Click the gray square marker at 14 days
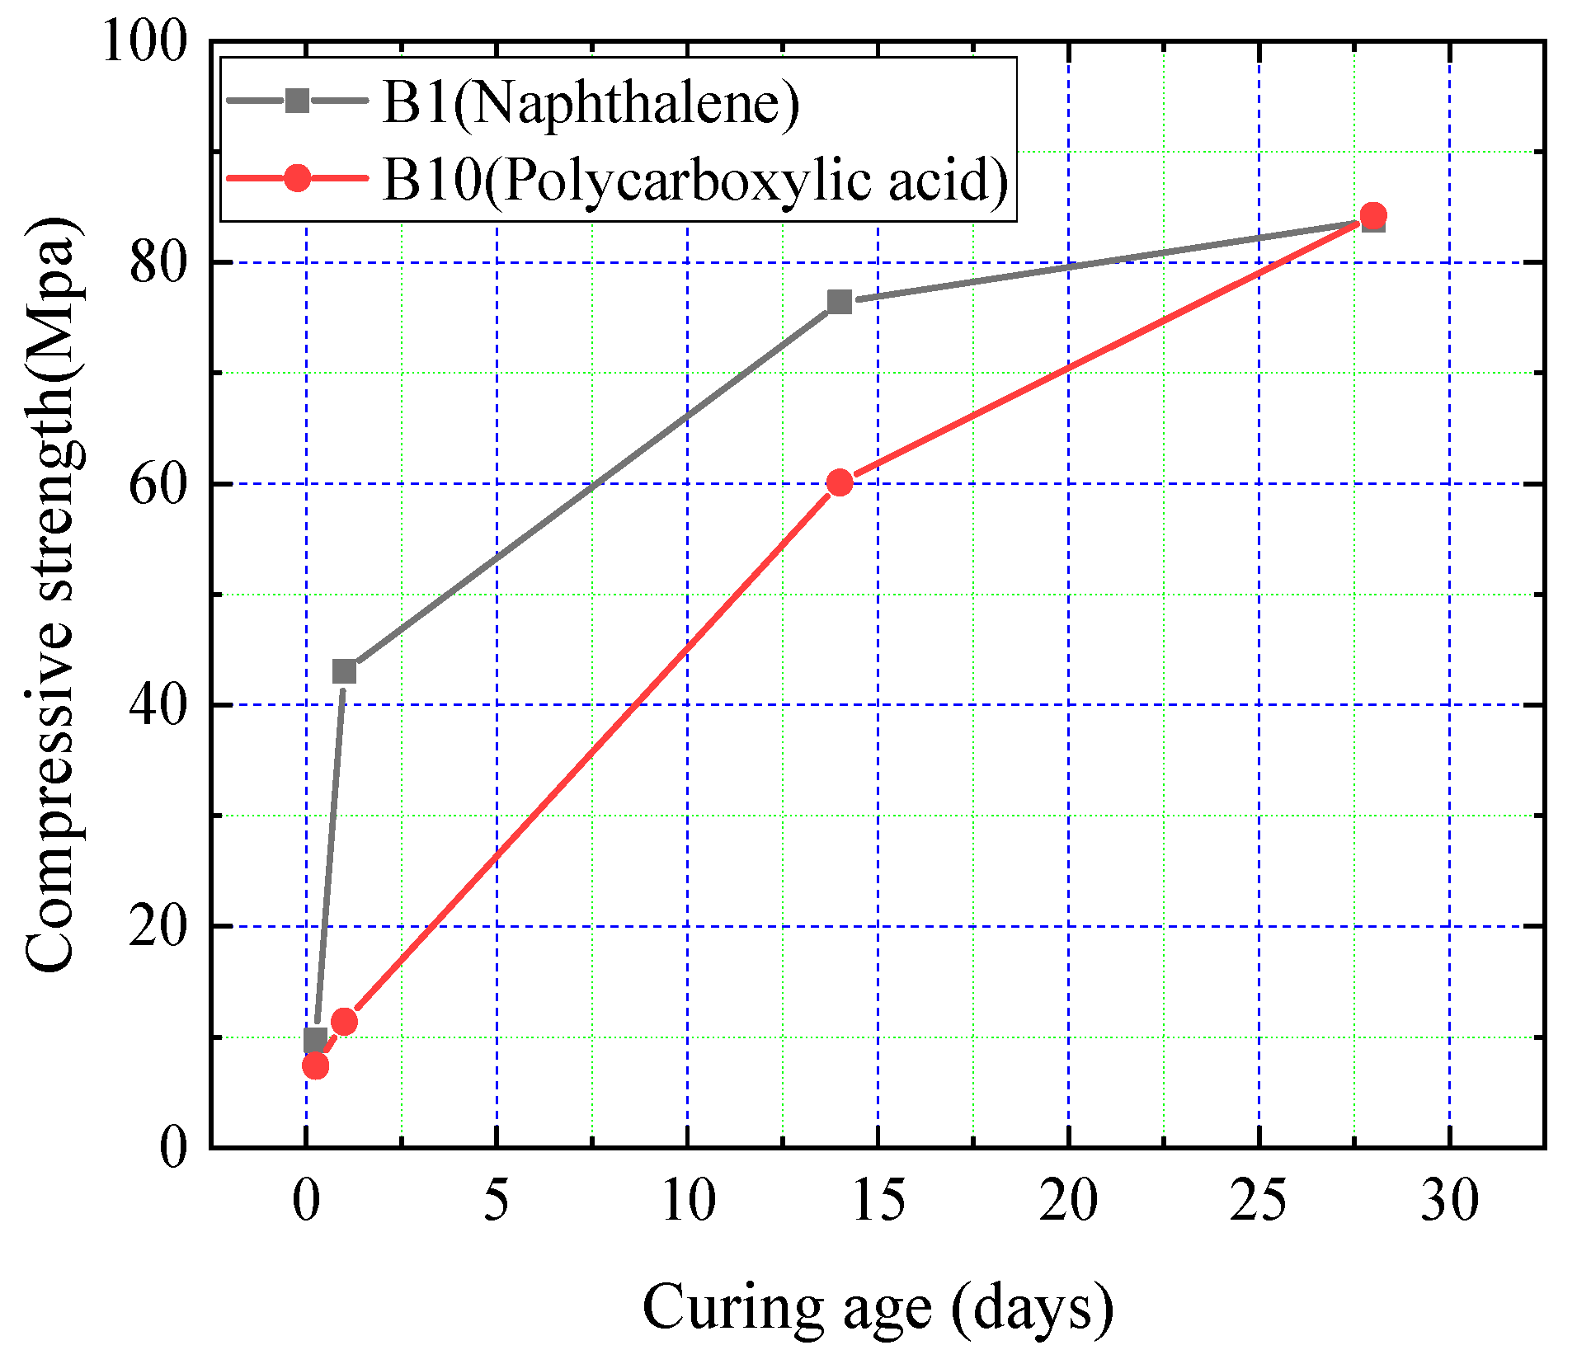[839, 302]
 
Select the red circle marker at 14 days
[839, 482]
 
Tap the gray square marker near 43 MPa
[344, 671]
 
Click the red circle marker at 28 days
[1372, 215]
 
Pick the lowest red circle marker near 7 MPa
[315, 1066]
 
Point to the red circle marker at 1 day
[344, 1022]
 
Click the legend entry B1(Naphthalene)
[591, 103]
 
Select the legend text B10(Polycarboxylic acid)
[695, 179]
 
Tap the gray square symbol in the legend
[297, 101]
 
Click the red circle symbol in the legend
[297, 177]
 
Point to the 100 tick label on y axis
[144, 41]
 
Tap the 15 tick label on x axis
[878, 1200]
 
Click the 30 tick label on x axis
[1449, 1200]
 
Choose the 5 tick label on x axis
[496, 1200]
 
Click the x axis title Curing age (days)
[878, 1307]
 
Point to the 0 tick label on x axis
[306, 1200]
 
